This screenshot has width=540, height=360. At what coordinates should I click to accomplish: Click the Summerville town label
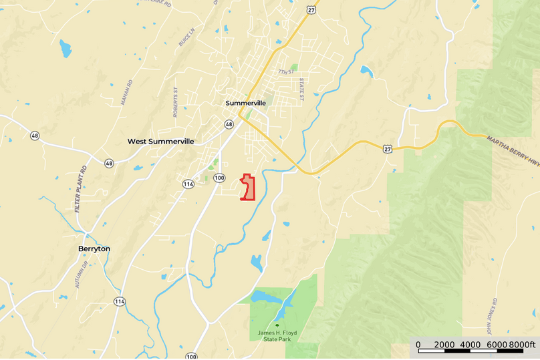(x=246, y=103)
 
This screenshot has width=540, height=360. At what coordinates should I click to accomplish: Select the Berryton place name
(x=93, y=248)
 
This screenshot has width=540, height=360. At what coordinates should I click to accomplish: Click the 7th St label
(x=285, y=71)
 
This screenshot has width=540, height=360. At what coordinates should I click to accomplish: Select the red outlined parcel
(x=249, y=188)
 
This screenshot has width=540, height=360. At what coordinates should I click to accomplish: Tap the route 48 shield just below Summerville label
(x=229, y=124)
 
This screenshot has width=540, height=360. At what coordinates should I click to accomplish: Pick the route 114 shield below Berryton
(x=120, y=302)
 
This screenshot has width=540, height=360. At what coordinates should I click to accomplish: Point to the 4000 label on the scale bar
(x=470, y=345)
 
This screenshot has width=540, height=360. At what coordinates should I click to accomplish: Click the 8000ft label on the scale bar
(x=521, y=345)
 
